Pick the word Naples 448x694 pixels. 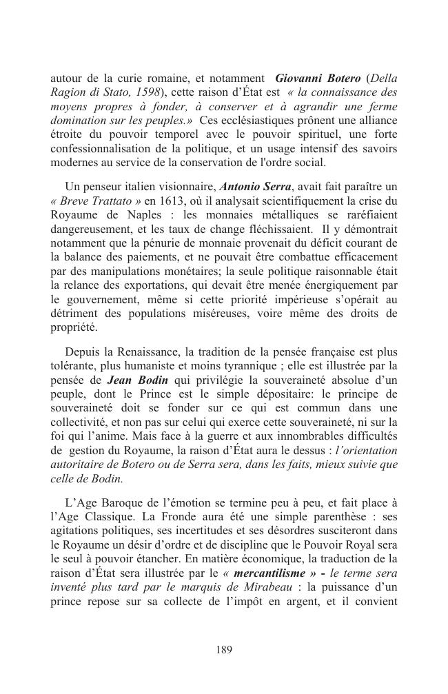click(139, 215)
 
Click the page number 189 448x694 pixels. click(224, 649)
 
